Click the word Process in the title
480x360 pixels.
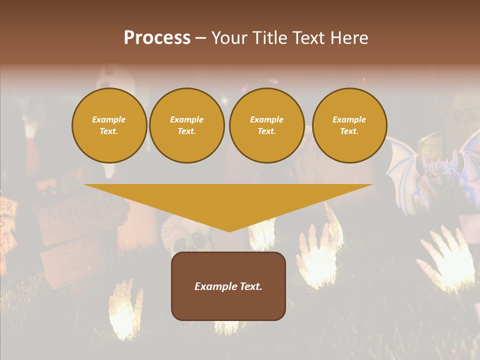point(157,38)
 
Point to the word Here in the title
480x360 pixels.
point(348,38)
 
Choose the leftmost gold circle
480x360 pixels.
point(109,125)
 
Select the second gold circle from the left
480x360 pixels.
point(187,125)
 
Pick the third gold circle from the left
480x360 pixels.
point(267,125)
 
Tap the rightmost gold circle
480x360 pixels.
point(349,125)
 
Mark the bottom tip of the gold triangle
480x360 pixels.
point(229,231)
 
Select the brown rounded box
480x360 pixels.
point(228,286)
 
